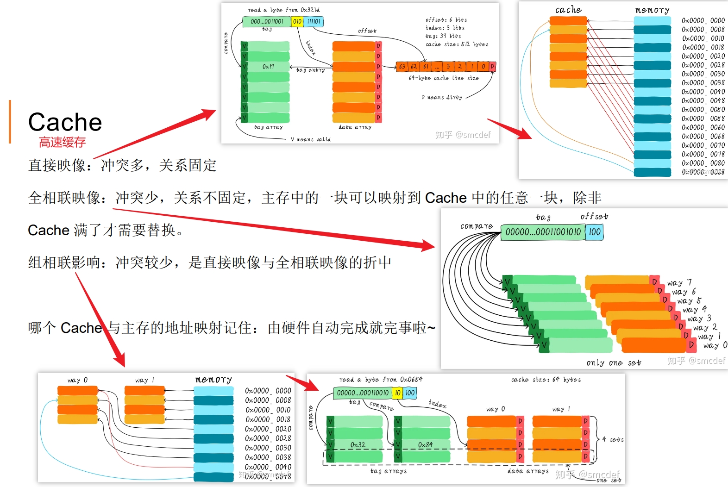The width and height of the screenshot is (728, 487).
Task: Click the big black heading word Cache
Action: point(65,122)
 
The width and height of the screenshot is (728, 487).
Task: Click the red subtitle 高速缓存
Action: point(62,142)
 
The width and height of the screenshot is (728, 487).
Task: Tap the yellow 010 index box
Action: point(297,21)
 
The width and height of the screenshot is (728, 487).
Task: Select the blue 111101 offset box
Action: point(314,21)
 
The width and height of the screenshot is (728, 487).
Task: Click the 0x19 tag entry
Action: point(268,67)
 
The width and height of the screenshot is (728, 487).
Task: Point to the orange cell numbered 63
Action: point(402,67)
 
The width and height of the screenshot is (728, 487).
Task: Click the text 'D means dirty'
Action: point(441,97)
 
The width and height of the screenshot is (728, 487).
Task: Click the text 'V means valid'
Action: point(311,139)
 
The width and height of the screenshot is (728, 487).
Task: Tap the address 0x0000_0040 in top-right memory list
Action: point(703,92)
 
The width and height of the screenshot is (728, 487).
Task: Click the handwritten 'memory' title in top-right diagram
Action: point(652,10)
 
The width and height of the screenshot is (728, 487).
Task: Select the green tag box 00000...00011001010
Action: point(543,232)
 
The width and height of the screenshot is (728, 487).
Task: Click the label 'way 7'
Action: point(679,282)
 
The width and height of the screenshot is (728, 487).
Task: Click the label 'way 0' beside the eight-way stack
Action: point(715,345)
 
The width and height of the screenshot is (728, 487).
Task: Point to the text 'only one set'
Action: point(614,363)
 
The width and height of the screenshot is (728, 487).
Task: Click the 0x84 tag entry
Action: point(425,445)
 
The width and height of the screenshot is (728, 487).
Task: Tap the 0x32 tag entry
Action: point(358,445)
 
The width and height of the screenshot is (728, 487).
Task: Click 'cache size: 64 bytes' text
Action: point(546,380)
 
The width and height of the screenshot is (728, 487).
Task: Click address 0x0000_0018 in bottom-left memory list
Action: point(268,419)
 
